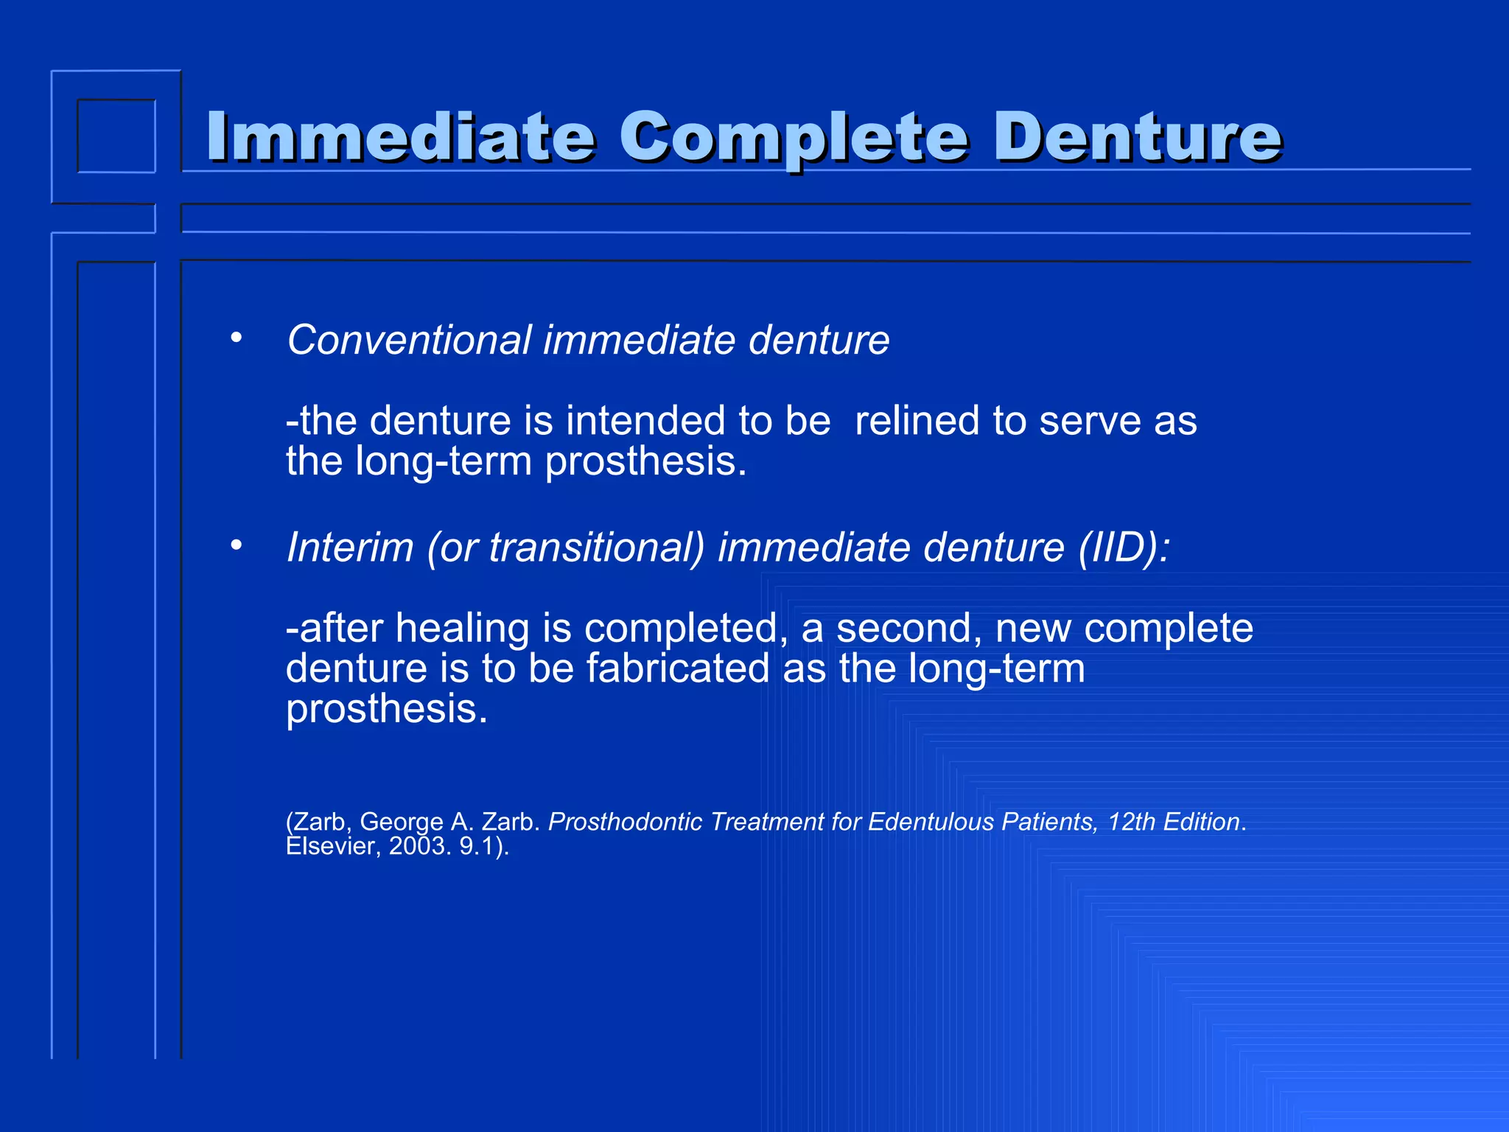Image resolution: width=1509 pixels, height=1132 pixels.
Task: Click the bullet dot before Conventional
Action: coord(236,338)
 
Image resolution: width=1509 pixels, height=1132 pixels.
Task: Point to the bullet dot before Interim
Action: coord(236,546)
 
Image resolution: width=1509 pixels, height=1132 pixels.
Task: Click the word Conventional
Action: coord(409,340)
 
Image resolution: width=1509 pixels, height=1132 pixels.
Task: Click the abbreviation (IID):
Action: coord(1124,548)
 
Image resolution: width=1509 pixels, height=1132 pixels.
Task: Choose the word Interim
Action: coord(350,548)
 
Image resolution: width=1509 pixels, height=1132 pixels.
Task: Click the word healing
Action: coord(461,628)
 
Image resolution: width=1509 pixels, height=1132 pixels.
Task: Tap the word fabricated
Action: coord(678,668)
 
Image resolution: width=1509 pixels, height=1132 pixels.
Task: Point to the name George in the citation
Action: coord(402,822)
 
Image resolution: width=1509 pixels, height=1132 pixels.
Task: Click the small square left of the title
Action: coord(116,136)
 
